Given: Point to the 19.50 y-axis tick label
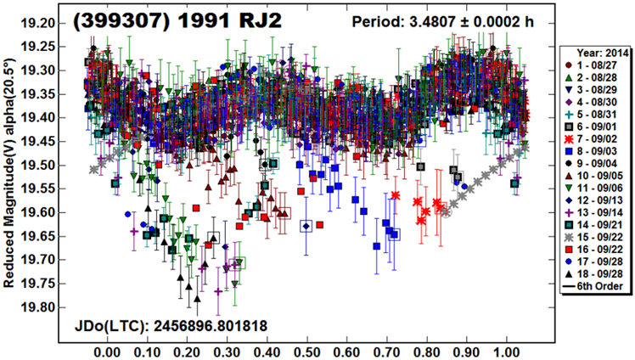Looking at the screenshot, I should coord(37,165).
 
